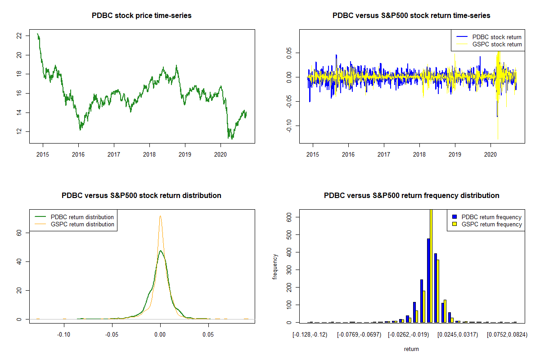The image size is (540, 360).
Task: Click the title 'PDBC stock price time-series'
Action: pos(142,16)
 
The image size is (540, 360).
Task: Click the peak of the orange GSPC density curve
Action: pos(160,216)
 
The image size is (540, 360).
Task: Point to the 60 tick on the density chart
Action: pos(18,232)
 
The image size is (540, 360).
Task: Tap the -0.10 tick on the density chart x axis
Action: pos(64,335)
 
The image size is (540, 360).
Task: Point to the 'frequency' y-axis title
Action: pos(275,266)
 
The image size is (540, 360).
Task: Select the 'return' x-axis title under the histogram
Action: pos(411,349)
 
